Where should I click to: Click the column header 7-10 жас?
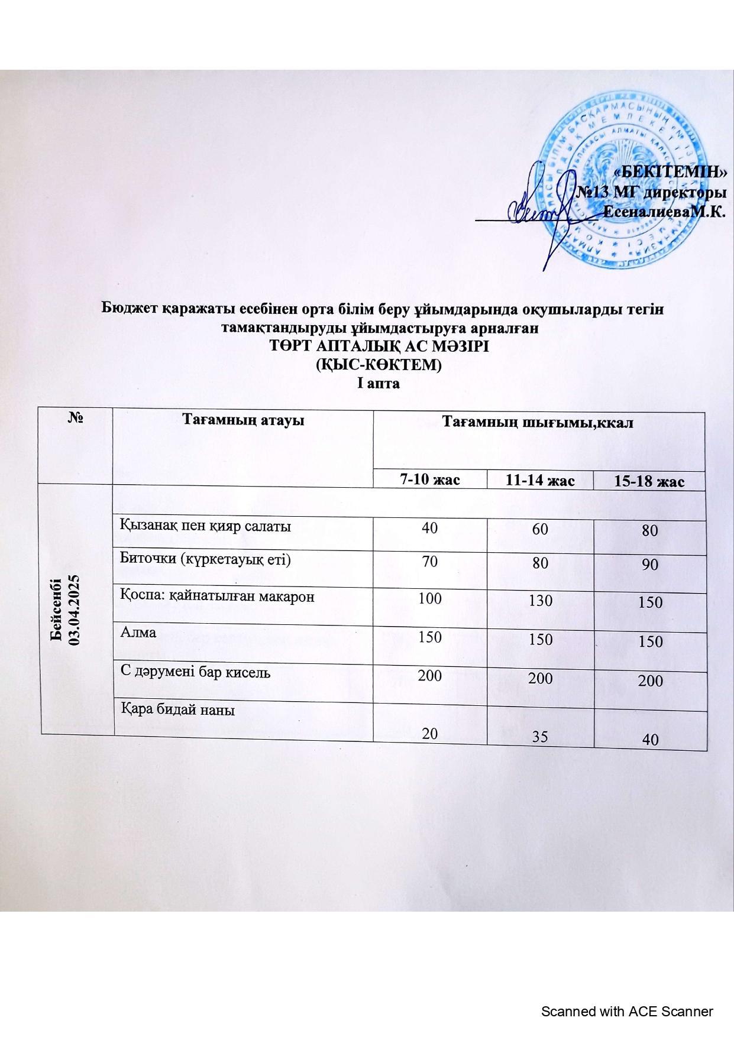pos(430,479)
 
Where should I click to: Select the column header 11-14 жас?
pos(540,481)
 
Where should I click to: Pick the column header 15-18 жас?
pos(650,482)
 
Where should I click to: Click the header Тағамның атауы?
pos(242,420)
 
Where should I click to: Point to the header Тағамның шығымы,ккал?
pos(538,422)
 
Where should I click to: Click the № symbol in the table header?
pos(75,418)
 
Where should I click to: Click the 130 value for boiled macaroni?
pos(540,601)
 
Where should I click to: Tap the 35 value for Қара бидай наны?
pos(540,737)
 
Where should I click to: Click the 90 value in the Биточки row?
pos(650,565)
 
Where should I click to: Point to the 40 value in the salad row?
pos(429,527)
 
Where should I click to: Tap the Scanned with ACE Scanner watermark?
pos(628,1012)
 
